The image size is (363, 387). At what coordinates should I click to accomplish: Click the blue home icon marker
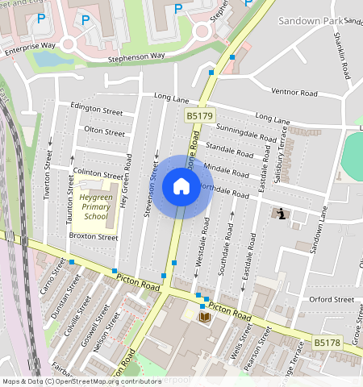(181, 187)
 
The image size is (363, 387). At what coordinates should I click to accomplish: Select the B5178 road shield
(327, 343)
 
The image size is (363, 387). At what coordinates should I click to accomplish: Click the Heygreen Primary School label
(95, 206)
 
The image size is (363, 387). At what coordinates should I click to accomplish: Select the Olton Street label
(105, 131)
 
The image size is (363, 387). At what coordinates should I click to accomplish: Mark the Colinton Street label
(98, 173)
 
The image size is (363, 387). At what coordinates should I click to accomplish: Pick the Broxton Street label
(94, 237)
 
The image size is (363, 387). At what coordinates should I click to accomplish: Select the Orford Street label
(332, 299)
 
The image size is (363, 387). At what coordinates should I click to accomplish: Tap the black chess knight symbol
(281, 214)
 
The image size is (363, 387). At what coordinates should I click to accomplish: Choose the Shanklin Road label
(342, 58)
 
